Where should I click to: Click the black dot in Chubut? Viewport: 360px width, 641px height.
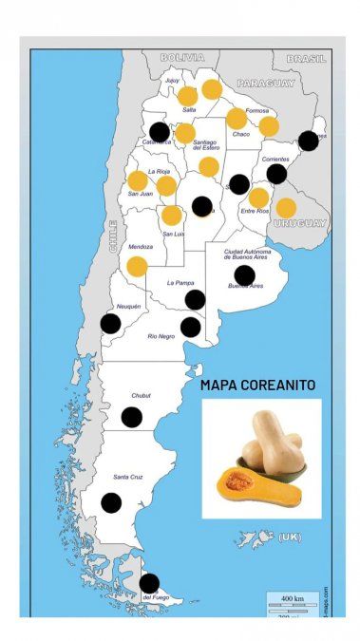pyautogui.click(x=131, y=417)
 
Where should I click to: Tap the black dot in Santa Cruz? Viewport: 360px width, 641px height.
pyautogui.click(x=111, y=503)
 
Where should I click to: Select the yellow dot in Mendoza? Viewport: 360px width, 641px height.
pyautogui.click(x=137, y=267)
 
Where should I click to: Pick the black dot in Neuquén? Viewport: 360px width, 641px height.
pyautogui.click(x=110, y=323)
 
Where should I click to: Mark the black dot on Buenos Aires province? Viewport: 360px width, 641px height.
pyautogui.click(x=244, y=275)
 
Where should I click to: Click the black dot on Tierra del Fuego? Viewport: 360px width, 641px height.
pyautogui.click(x=149, y=582)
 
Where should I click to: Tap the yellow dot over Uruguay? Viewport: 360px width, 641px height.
pyautogui.click(x=286, y=208)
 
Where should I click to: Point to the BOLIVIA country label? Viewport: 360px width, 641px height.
pyautogui.click(x=182, y=58)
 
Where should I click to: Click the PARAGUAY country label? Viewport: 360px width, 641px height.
pyautogui.click(x=266, y=84)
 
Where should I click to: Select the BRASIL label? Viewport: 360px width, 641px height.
pyautogui.click(x=306, y=58)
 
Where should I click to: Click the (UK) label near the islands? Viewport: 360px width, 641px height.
pyautogui.click(x=289, y=537)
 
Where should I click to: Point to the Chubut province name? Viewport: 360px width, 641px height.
pyautogui.click(x=140, y=395)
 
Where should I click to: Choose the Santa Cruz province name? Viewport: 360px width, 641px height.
pyautogui.click(x=128, y=476)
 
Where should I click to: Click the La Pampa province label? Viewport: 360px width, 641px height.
pyautogui.click(x=180, y=283)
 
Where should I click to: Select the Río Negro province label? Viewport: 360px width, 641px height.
pyautogui.click(x=161, y=336)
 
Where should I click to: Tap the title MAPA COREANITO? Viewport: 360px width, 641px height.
pyautogui.click(x=257, y=386)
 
